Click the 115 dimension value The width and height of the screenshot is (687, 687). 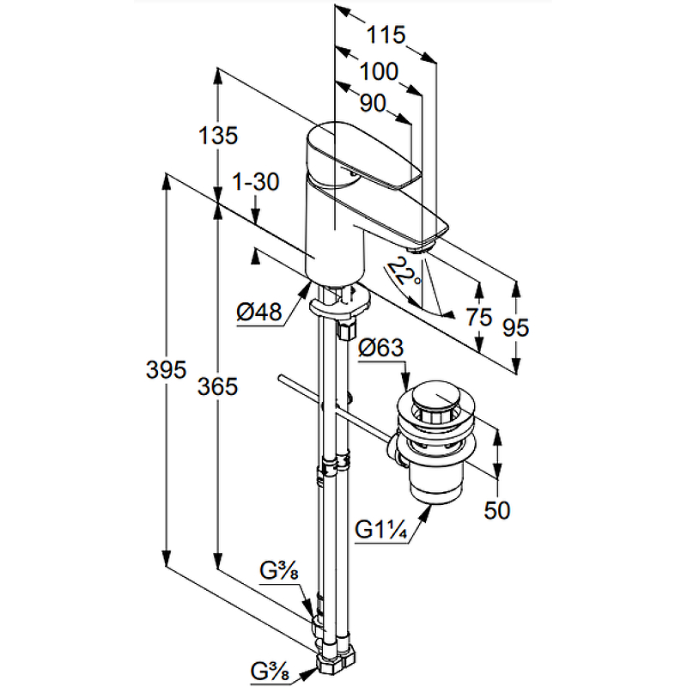pyautogui.click(x=386, y=35)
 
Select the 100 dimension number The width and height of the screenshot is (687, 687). pyautogui.click(x=379, y=71)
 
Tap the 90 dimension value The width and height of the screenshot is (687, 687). pyautogui.click(x=372, y=104)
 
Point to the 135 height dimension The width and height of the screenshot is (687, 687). pyautogui.click(x=217, y=136)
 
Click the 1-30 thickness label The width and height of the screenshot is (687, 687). pyautogui.click(x=256, y=182)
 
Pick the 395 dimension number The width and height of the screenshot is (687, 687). pyautogui.click(x=166, y=370)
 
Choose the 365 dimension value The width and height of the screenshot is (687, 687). pyautogui.click(x=216, y=387)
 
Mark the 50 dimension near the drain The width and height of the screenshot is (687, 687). pyautogui.click(x=496, y=510)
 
